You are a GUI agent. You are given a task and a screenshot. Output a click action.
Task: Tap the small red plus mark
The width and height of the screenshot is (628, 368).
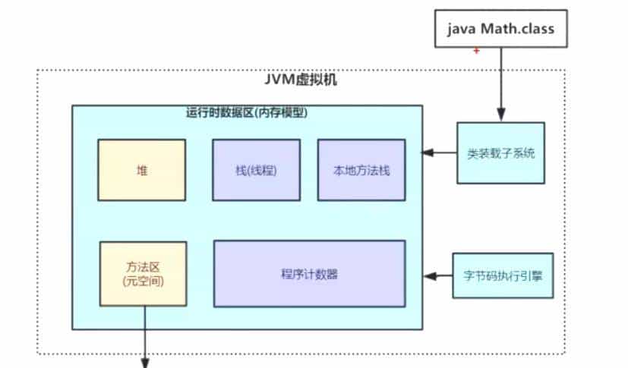click(x=476, y=50)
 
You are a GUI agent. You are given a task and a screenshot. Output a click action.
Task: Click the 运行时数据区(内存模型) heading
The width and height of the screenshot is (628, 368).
click(x=246, y=112)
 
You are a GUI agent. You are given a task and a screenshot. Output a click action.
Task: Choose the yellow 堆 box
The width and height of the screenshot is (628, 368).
click(x=141, y=170)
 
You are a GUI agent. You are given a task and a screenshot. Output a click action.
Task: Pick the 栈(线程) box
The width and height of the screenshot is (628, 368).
click(x=256, y=170)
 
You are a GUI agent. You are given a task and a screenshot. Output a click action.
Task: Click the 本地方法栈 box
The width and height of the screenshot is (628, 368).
click(x=361, y=170)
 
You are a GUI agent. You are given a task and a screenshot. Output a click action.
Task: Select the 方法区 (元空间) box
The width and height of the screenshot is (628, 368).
click(x=144, y=273)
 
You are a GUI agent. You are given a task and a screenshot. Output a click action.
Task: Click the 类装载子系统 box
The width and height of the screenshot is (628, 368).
click(x=500, y=153)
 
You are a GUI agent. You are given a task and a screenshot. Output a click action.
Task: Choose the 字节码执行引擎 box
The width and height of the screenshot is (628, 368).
click(x=503, y=275)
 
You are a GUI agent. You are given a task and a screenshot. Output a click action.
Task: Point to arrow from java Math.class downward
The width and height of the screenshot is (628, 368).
click(x=500, y=83)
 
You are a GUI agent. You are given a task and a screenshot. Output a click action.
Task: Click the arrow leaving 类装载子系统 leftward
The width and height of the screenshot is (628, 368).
click(x=440, y=153)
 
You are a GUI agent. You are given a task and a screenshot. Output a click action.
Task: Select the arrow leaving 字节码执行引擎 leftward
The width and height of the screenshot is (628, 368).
click(x=440, y=275)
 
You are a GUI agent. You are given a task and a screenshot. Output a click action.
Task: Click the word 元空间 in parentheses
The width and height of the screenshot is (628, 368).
click(x=144, y=281)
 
